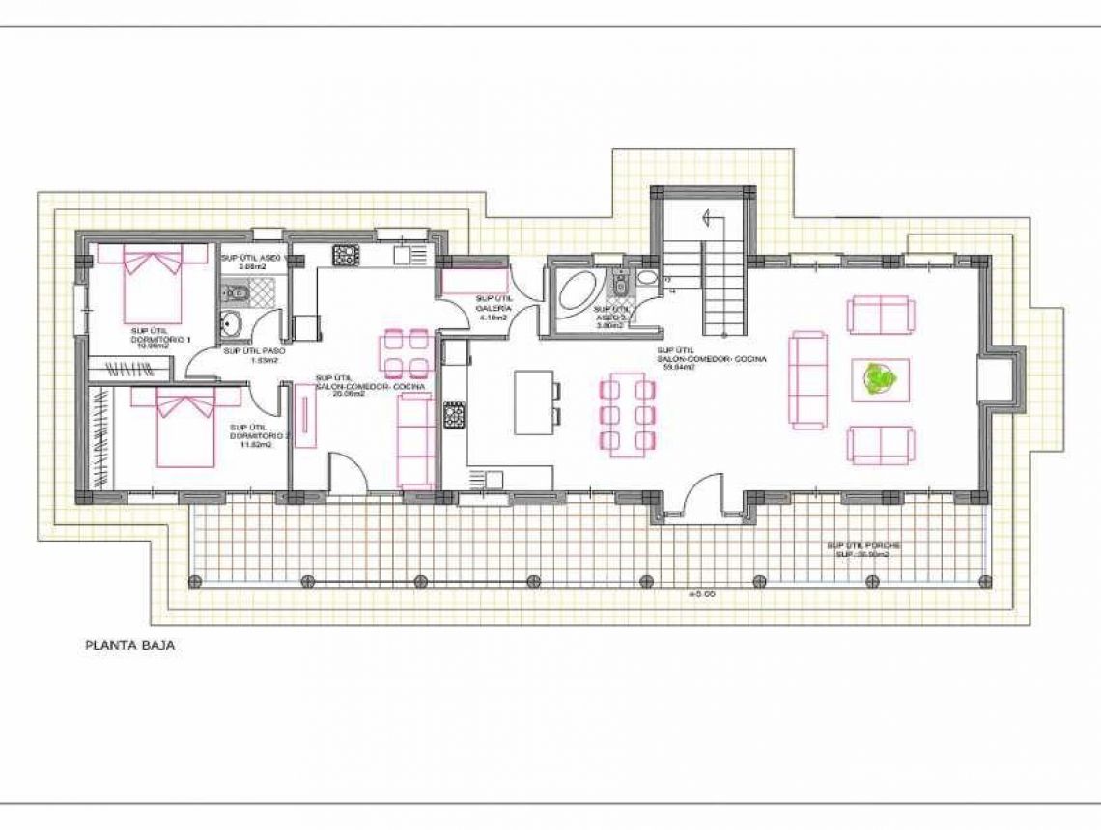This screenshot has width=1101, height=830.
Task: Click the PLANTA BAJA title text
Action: tap(129, 646)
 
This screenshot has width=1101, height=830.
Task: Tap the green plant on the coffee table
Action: tap(879, 379)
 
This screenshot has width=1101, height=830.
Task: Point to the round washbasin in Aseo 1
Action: tap(231, 325)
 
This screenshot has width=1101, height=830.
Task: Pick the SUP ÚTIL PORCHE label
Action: tap(858, 545)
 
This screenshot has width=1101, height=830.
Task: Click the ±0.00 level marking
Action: tap(701, 595)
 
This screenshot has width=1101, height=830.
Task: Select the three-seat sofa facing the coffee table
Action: tap(808, 379)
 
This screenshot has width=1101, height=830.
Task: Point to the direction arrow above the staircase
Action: tap(713, 217)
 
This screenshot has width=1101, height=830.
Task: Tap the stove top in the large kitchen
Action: tap(454, 416)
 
